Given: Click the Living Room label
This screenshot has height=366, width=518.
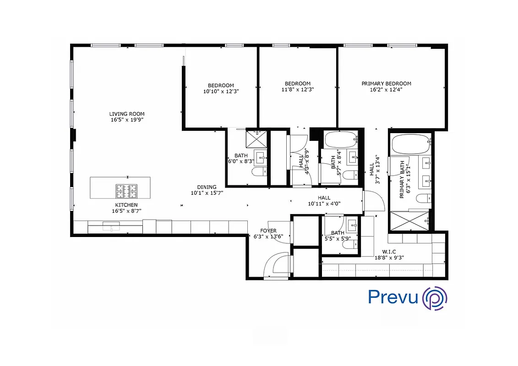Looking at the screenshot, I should (x=127, y=114).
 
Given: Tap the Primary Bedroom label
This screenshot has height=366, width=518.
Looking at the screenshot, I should (x=386, y=84).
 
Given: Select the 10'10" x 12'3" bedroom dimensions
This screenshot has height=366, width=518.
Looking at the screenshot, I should (x=221, y=91).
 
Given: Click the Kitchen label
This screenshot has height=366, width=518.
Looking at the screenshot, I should (x=126, y=205).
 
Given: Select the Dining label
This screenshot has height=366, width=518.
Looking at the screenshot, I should (x=207, y=187).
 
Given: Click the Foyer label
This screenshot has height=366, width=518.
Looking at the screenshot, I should (x=268, y=231).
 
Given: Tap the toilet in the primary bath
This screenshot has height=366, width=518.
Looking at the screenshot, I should (x=422, y=198).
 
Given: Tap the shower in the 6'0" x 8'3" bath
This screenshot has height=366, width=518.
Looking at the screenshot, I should (x=256, y=139).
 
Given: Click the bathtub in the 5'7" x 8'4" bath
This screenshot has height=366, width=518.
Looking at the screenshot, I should (x=340, y=140).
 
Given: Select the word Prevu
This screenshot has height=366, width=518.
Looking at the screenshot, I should (x=393, y=297).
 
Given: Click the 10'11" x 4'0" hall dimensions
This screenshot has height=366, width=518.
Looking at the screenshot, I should (x=324, y=204).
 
